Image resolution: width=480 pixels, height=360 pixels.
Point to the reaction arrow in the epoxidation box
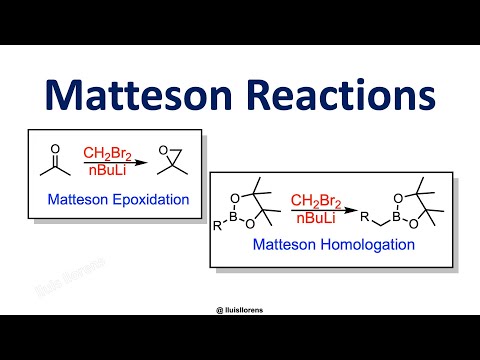click(x=109, y=163)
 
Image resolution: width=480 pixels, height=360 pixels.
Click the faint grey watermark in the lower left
click(x=41, y=289)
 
